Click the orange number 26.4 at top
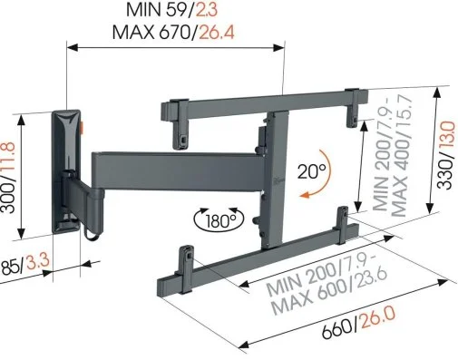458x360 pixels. click(x=217, y=32)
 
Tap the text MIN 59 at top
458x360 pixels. click(x=157, y=10)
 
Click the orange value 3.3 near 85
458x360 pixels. click(x=37, y=262)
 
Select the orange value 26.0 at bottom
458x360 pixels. click(x=378, y=318)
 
